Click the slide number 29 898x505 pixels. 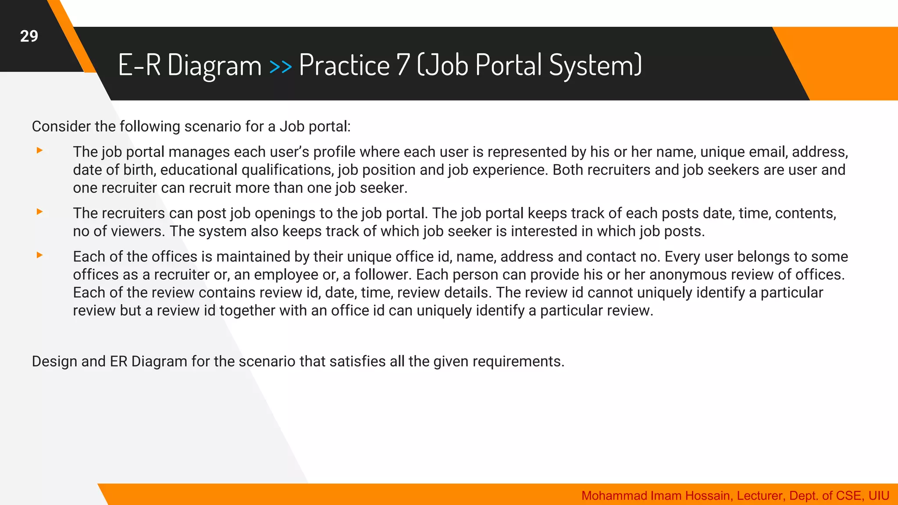(29, 36)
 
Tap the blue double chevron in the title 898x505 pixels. (280, 67)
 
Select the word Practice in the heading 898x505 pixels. (344, 65)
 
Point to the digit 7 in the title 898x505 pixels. (403, 65)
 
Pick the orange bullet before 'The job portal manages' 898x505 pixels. (39, 151)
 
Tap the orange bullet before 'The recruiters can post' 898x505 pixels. (39, 212)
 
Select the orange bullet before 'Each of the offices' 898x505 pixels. (39, 255)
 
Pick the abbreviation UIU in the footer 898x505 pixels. (879, 496)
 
